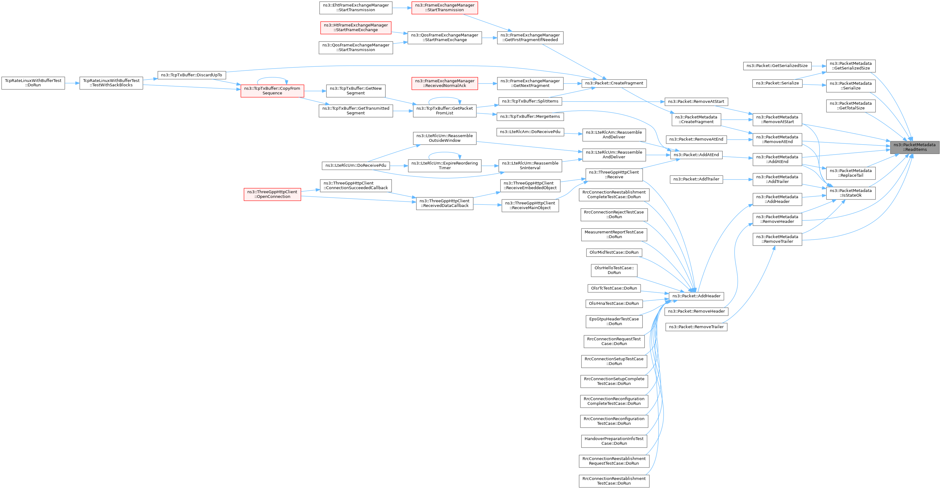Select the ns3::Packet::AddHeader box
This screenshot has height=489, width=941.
tap(696, 296)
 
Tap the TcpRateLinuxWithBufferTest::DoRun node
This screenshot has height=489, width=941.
tap(33, 83)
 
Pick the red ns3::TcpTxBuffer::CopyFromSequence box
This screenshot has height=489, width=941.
tap(272, 91)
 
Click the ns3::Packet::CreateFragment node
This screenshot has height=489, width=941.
tap(614, 83)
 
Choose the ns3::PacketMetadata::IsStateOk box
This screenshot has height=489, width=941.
tap(851, 193)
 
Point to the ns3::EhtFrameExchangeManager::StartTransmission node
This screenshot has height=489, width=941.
tap(356, 8)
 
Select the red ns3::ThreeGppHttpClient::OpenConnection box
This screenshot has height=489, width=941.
tap(273, 194)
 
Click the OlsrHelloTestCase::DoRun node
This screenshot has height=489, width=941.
tap(614, 271)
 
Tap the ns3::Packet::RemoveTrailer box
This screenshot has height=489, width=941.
tap(696, 327)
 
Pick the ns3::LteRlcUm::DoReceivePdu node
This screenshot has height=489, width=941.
tap(356, 165)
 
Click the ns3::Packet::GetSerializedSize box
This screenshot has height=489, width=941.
tap(777, 66)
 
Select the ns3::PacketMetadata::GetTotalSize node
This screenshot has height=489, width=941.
tap(851, 106)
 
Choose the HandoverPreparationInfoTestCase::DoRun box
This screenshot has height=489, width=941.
tap(614, 441)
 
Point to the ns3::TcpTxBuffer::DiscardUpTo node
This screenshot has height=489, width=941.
tap(192, 75)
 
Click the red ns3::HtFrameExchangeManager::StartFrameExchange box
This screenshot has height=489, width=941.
tap(356, 28)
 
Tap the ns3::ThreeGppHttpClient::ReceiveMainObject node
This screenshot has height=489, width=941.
tap(530, 205)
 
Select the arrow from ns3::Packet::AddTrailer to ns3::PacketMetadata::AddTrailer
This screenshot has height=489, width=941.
tap(738, 180)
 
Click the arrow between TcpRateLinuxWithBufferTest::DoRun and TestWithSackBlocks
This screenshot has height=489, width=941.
tap(72, 83)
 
